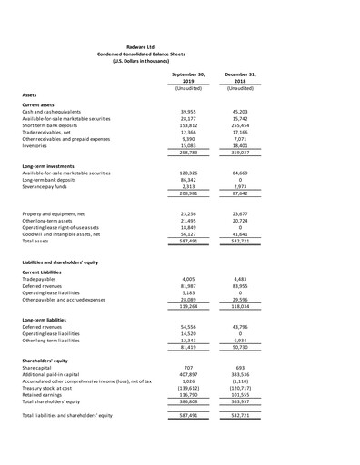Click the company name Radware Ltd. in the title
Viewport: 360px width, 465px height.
179,45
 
